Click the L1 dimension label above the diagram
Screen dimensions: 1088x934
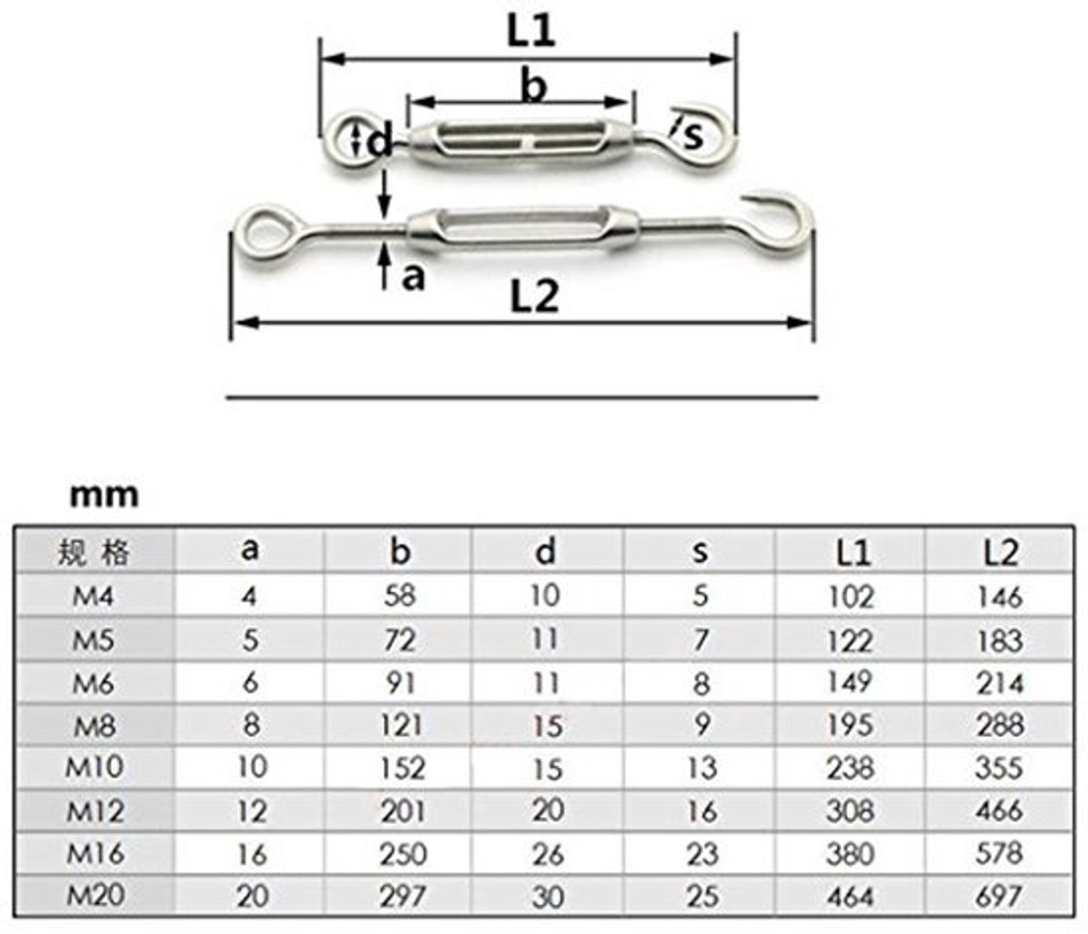[x=530, y=31]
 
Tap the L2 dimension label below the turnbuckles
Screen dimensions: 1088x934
[x=534, y=297]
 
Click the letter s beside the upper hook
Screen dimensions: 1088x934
[x=693, y=136]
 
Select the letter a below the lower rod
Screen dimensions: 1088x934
[x=413, y=277]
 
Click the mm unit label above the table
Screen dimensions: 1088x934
[x=104, y=495]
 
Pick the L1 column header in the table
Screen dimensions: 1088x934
[x=853, y=553]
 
